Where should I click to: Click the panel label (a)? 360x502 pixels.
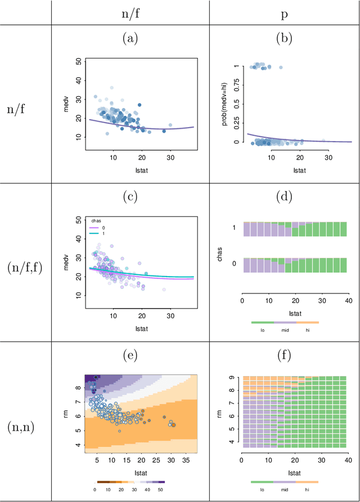[x=130, y=38]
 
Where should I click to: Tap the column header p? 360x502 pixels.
[x=285, y=12]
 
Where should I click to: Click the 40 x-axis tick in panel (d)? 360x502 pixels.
[x=348, y=300]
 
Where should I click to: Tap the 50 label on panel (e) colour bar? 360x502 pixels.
[x=161, y=490]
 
